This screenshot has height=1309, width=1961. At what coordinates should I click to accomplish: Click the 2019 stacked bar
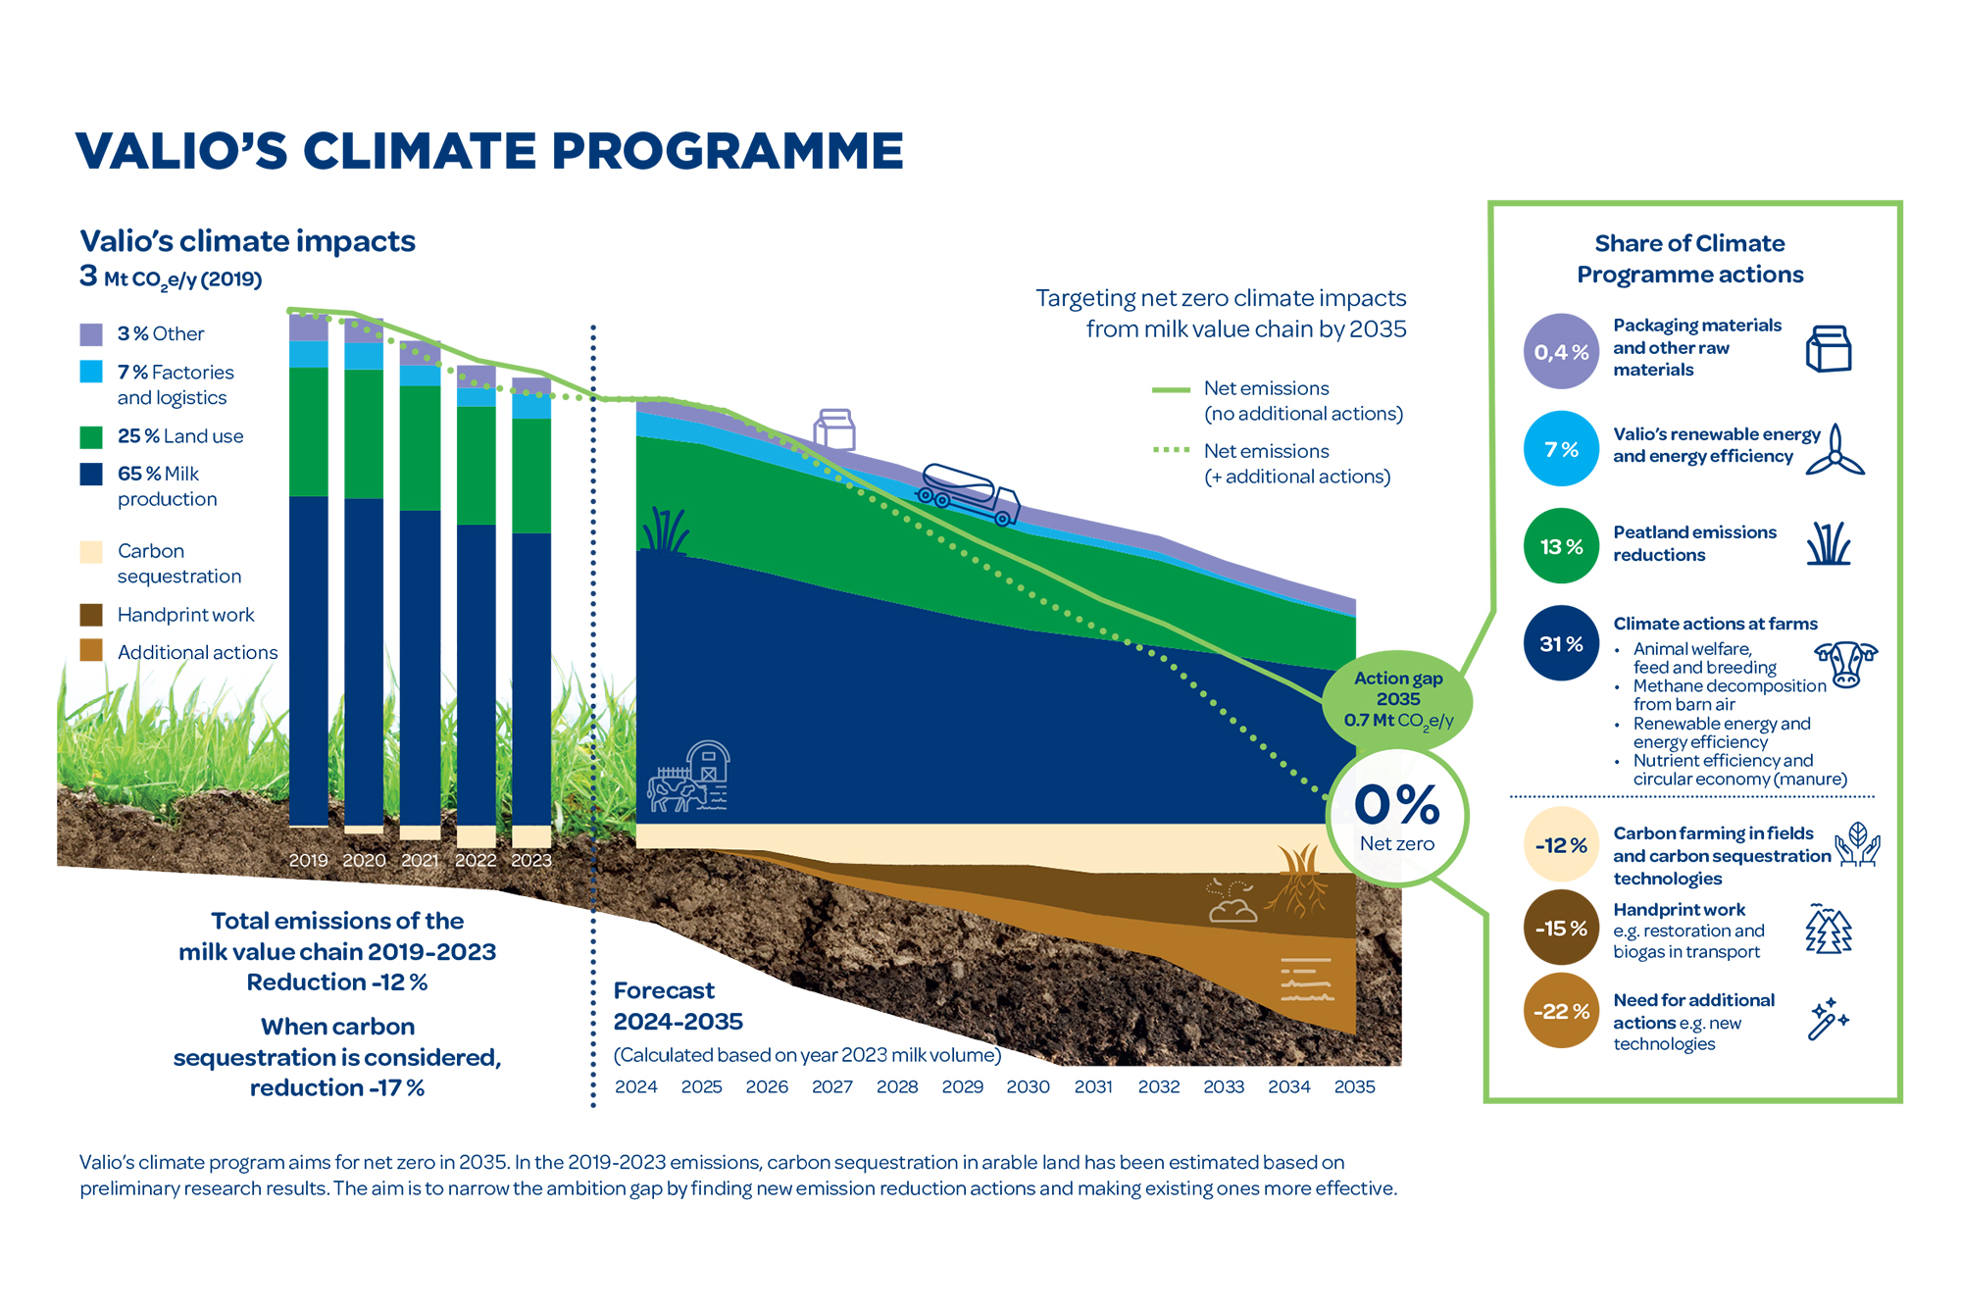pos(309,569)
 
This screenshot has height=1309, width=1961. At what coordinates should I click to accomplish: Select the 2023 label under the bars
pos(531,860)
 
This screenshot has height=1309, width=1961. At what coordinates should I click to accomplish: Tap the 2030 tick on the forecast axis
pos(1028,1086)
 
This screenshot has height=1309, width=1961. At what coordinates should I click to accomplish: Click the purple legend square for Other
pos(91,334)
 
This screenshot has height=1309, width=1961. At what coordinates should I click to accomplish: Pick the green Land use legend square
pos(91,436)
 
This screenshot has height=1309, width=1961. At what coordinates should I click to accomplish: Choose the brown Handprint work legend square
pos(91,615)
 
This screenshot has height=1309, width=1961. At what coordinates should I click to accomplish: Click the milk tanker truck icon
pos(968,493)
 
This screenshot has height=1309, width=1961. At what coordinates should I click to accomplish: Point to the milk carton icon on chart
pos(834,429)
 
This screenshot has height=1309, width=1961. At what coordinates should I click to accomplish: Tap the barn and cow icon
pos(689,777)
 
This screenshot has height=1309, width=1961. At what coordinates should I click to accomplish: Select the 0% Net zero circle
pos(1397,816)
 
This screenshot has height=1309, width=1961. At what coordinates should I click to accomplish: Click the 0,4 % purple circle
pos(1561,351)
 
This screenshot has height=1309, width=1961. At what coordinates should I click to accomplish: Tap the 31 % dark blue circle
pos(1561,644)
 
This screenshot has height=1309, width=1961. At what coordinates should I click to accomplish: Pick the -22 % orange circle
pos(1561,1011)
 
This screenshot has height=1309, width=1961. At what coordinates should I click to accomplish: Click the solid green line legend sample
pos(1171,389)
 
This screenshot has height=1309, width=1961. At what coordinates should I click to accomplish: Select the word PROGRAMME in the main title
pos(727,151)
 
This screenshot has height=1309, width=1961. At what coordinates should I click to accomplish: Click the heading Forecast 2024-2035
pos(678,1006)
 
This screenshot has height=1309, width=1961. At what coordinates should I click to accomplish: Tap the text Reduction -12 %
pos(337,982)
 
